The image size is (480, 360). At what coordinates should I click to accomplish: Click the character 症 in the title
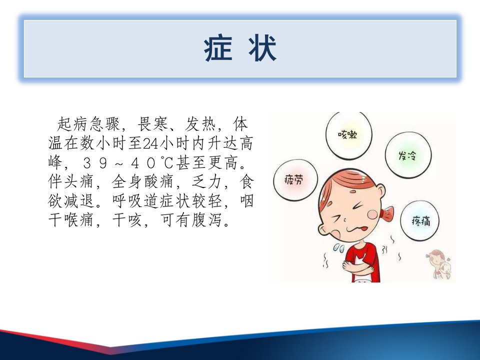click(218, 48)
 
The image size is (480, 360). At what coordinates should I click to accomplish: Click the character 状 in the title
click(262, 48)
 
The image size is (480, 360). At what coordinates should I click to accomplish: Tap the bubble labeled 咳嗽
click(348, 135)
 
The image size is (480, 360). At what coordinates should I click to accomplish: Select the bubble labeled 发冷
click(408, 155)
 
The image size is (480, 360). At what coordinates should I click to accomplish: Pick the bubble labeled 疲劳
click(295, 179)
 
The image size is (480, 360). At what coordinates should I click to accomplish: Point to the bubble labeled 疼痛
click(419, 220)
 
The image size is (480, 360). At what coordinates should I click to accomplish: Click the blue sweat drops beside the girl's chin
click(339, 248)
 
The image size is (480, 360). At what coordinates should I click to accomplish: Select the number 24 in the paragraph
click(150, 143)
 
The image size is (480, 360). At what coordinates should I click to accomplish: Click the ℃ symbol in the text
click(167, 162)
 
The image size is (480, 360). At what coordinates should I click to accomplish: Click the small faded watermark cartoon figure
click(439, 264)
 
